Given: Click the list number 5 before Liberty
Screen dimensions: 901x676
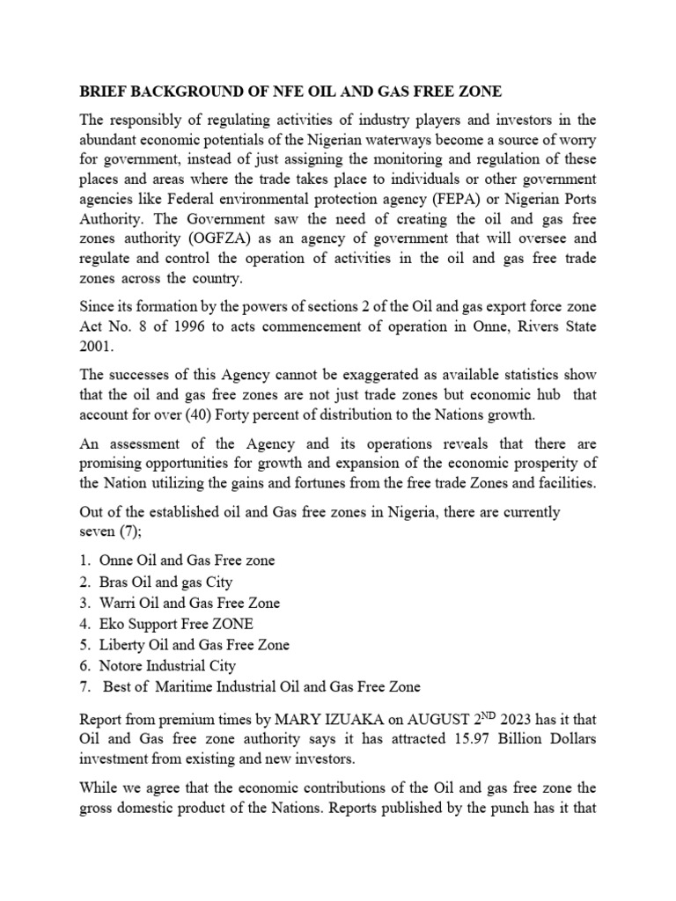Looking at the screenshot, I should (x=84, y=645).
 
